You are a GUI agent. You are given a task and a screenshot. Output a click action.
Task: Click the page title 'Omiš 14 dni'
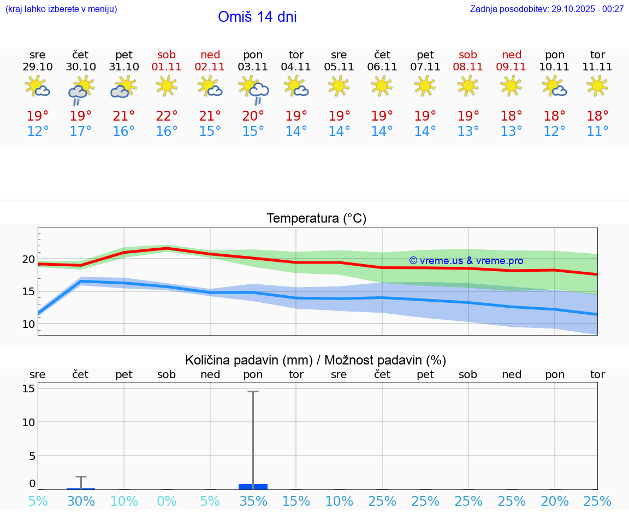(257, 17)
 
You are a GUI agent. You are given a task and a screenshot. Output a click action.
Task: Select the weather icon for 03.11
(253, 88)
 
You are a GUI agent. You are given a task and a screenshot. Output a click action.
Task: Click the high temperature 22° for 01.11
(167, 116)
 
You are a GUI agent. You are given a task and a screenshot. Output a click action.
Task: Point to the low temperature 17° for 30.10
(81, 131)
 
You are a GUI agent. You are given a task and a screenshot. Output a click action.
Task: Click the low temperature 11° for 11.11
(597, 131)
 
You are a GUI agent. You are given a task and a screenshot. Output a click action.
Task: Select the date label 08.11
(468, 67)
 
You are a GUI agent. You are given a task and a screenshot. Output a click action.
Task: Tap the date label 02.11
(210, 67)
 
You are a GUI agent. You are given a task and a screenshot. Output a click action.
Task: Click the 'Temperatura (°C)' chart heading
(316, 219)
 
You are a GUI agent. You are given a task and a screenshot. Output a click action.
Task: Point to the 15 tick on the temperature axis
(28, 291)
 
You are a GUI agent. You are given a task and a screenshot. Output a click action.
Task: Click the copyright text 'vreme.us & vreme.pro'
(466, 261)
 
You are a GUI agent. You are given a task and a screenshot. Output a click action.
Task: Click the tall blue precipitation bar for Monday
(253, 486)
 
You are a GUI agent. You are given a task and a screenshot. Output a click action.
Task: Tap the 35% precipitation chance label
(253, 501)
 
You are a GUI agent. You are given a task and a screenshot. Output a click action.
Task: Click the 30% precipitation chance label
(81, 501)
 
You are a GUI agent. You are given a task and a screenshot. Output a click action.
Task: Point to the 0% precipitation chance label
(167, 501)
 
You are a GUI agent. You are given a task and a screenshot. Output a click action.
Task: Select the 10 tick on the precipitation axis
(29, 422)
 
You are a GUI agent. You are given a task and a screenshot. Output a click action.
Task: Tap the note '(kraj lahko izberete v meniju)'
(61, 9)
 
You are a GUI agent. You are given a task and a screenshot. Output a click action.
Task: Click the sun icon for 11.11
(597, 86)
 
